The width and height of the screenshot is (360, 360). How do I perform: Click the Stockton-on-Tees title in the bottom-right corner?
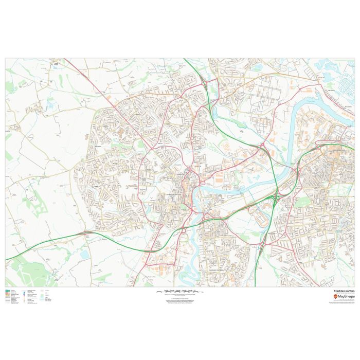point(344,291)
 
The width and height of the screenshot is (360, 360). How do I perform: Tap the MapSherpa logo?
point(344,297)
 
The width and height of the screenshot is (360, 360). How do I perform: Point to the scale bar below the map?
point(179,291)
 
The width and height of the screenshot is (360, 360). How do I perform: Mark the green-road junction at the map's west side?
point(85,233)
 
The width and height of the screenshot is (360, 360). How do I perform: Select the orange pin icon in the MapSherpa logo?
point(335,297)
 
